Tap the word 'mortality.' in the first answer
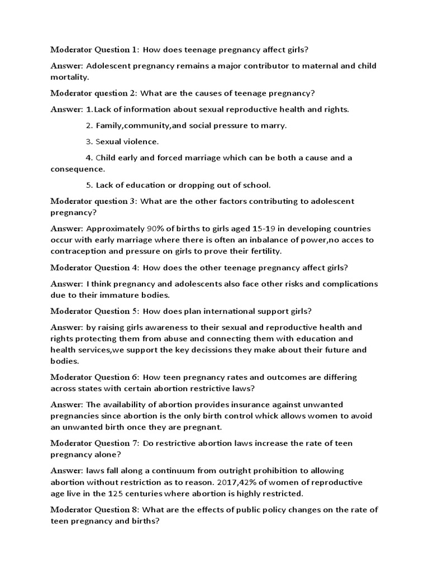(70, 77)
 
